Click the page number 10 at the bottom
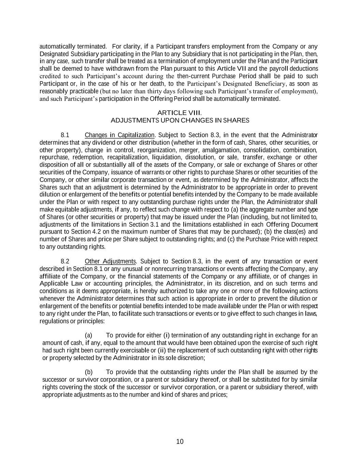180,441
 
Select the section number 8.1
65,135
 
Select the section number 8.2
65,262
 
